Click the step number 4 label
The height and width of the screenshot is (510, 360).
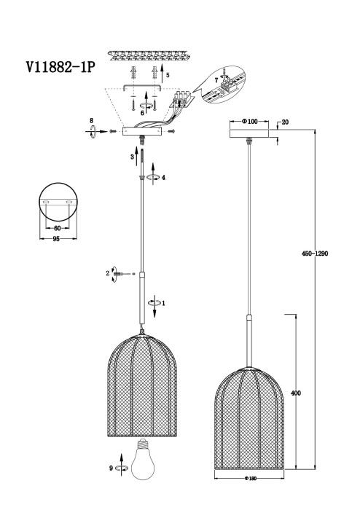pos(164,176)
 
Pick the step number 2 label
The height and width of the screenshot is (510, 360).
pos(108,273)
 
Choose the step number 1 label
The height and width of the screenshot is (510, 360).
pos(164,302)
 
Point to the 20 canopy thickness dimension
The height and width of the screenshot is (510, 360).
pos(285,122)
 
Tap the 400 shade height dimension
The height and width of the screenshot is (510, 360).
pos(296,393)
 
